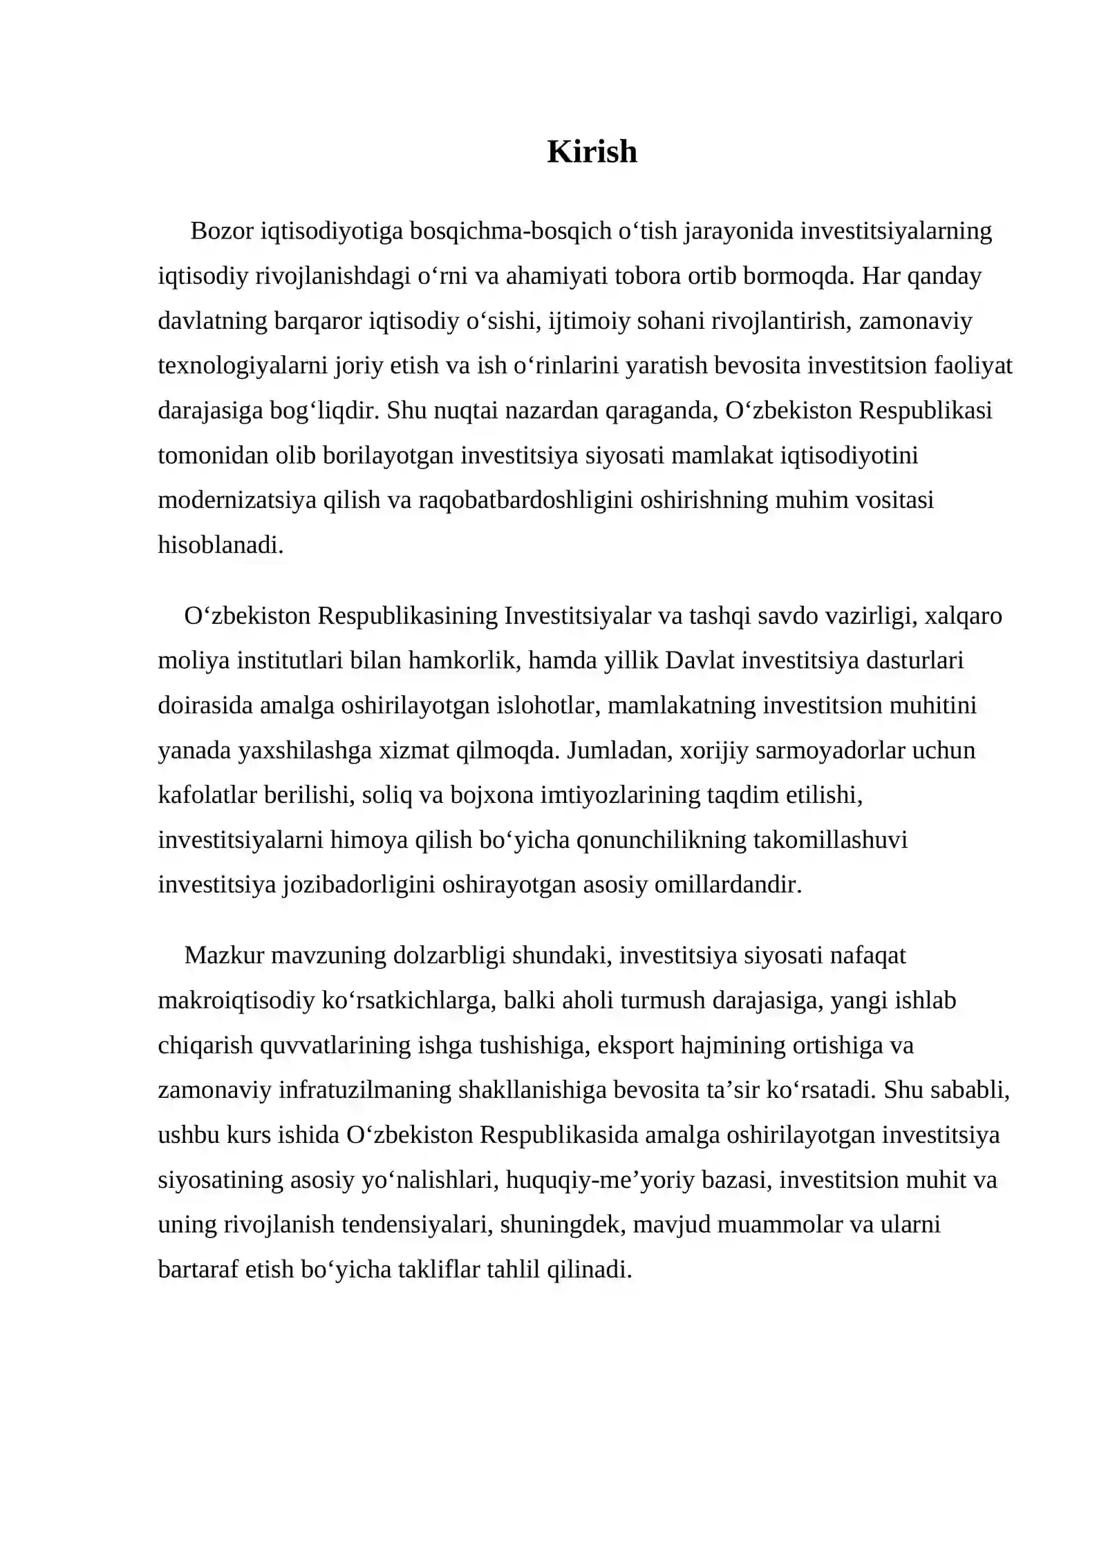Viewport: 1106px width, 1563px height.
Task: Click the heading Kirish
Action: (x=592, y=151)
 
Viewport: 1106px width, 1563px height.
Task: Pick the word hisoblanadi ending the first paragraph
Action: (x=221, y=545)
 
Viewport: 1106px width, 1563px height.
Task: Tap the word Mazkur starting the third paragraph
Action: (x=225, y=956)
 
